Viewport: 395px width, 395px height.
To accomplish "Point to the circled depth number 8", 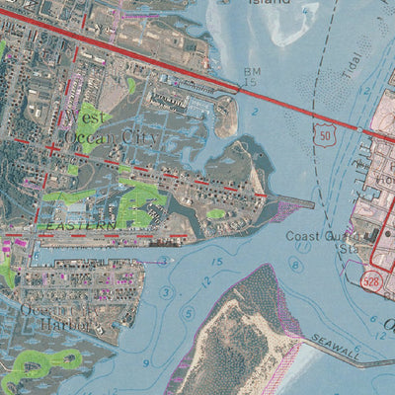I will pos(293,265).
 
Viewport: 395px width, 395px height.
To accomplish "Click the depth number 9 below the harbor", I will pos(146,364).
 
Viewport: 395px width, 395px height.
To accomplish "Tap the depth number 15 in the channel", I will pos(216,260).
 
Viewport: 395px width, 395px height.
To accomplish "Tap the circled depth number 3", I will pos(166,293).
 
